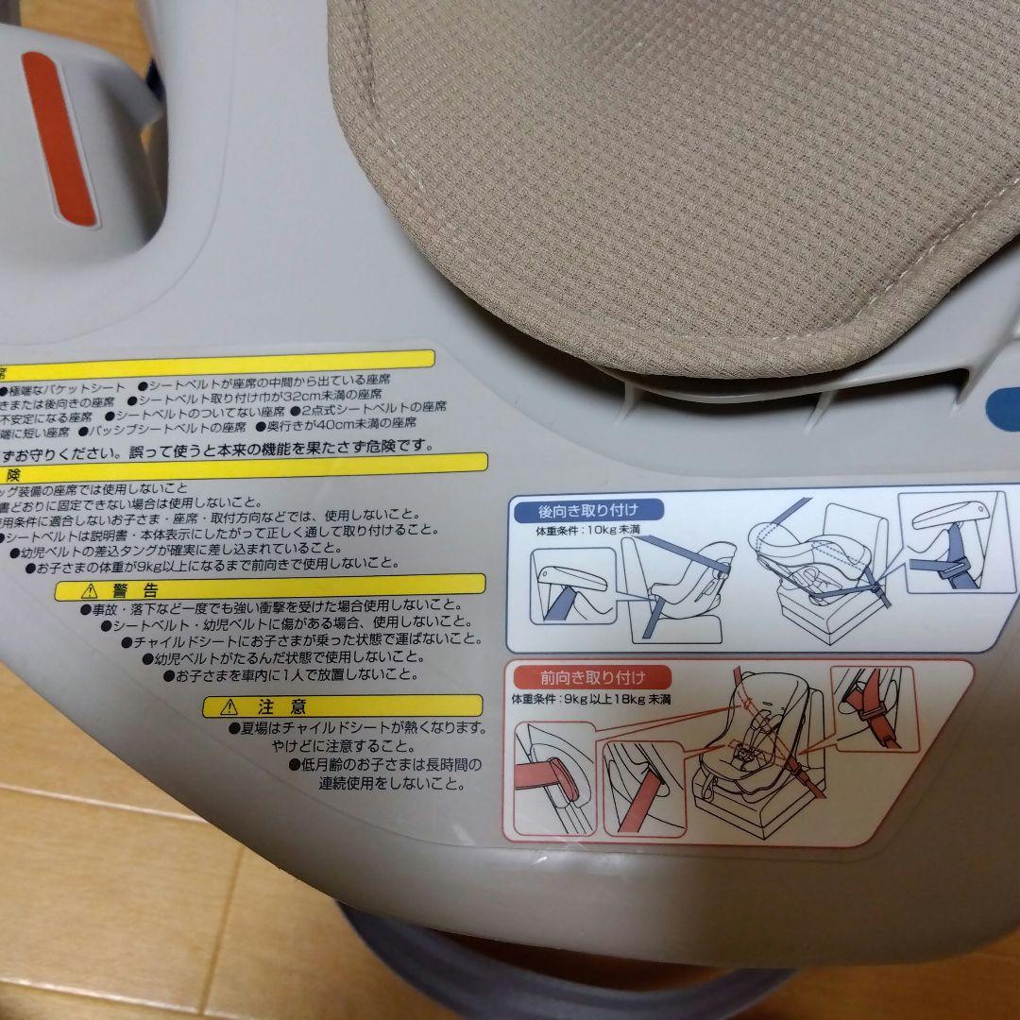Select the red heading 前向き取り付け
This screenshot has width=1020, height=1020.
(592, 676)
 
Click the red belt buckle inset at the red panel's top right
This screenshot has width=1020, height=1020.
(875, 707)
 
